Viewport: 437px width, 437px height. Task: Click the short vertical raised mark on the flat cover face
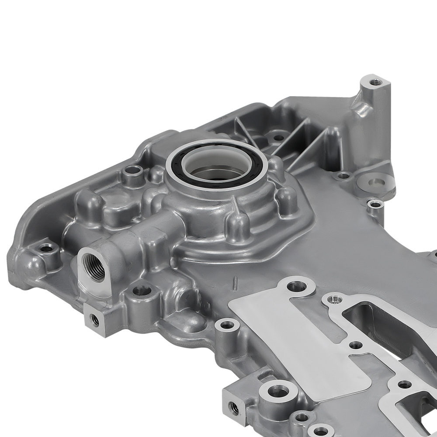tap(235, 280)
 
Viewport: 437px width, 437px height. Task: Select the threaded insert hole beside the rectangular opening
tap(334, 299)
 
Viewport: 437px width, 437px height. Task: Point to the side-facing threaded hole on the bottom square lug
tap(235, 409)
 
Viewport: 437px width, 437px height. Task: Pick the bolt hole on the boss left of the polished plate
tap(227, 325)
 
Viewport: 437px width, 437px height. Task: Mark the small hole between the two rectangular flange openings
tap(356, 345)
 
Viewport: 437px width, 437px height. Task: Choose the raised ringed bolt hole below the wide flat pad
tap(374, 204)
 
